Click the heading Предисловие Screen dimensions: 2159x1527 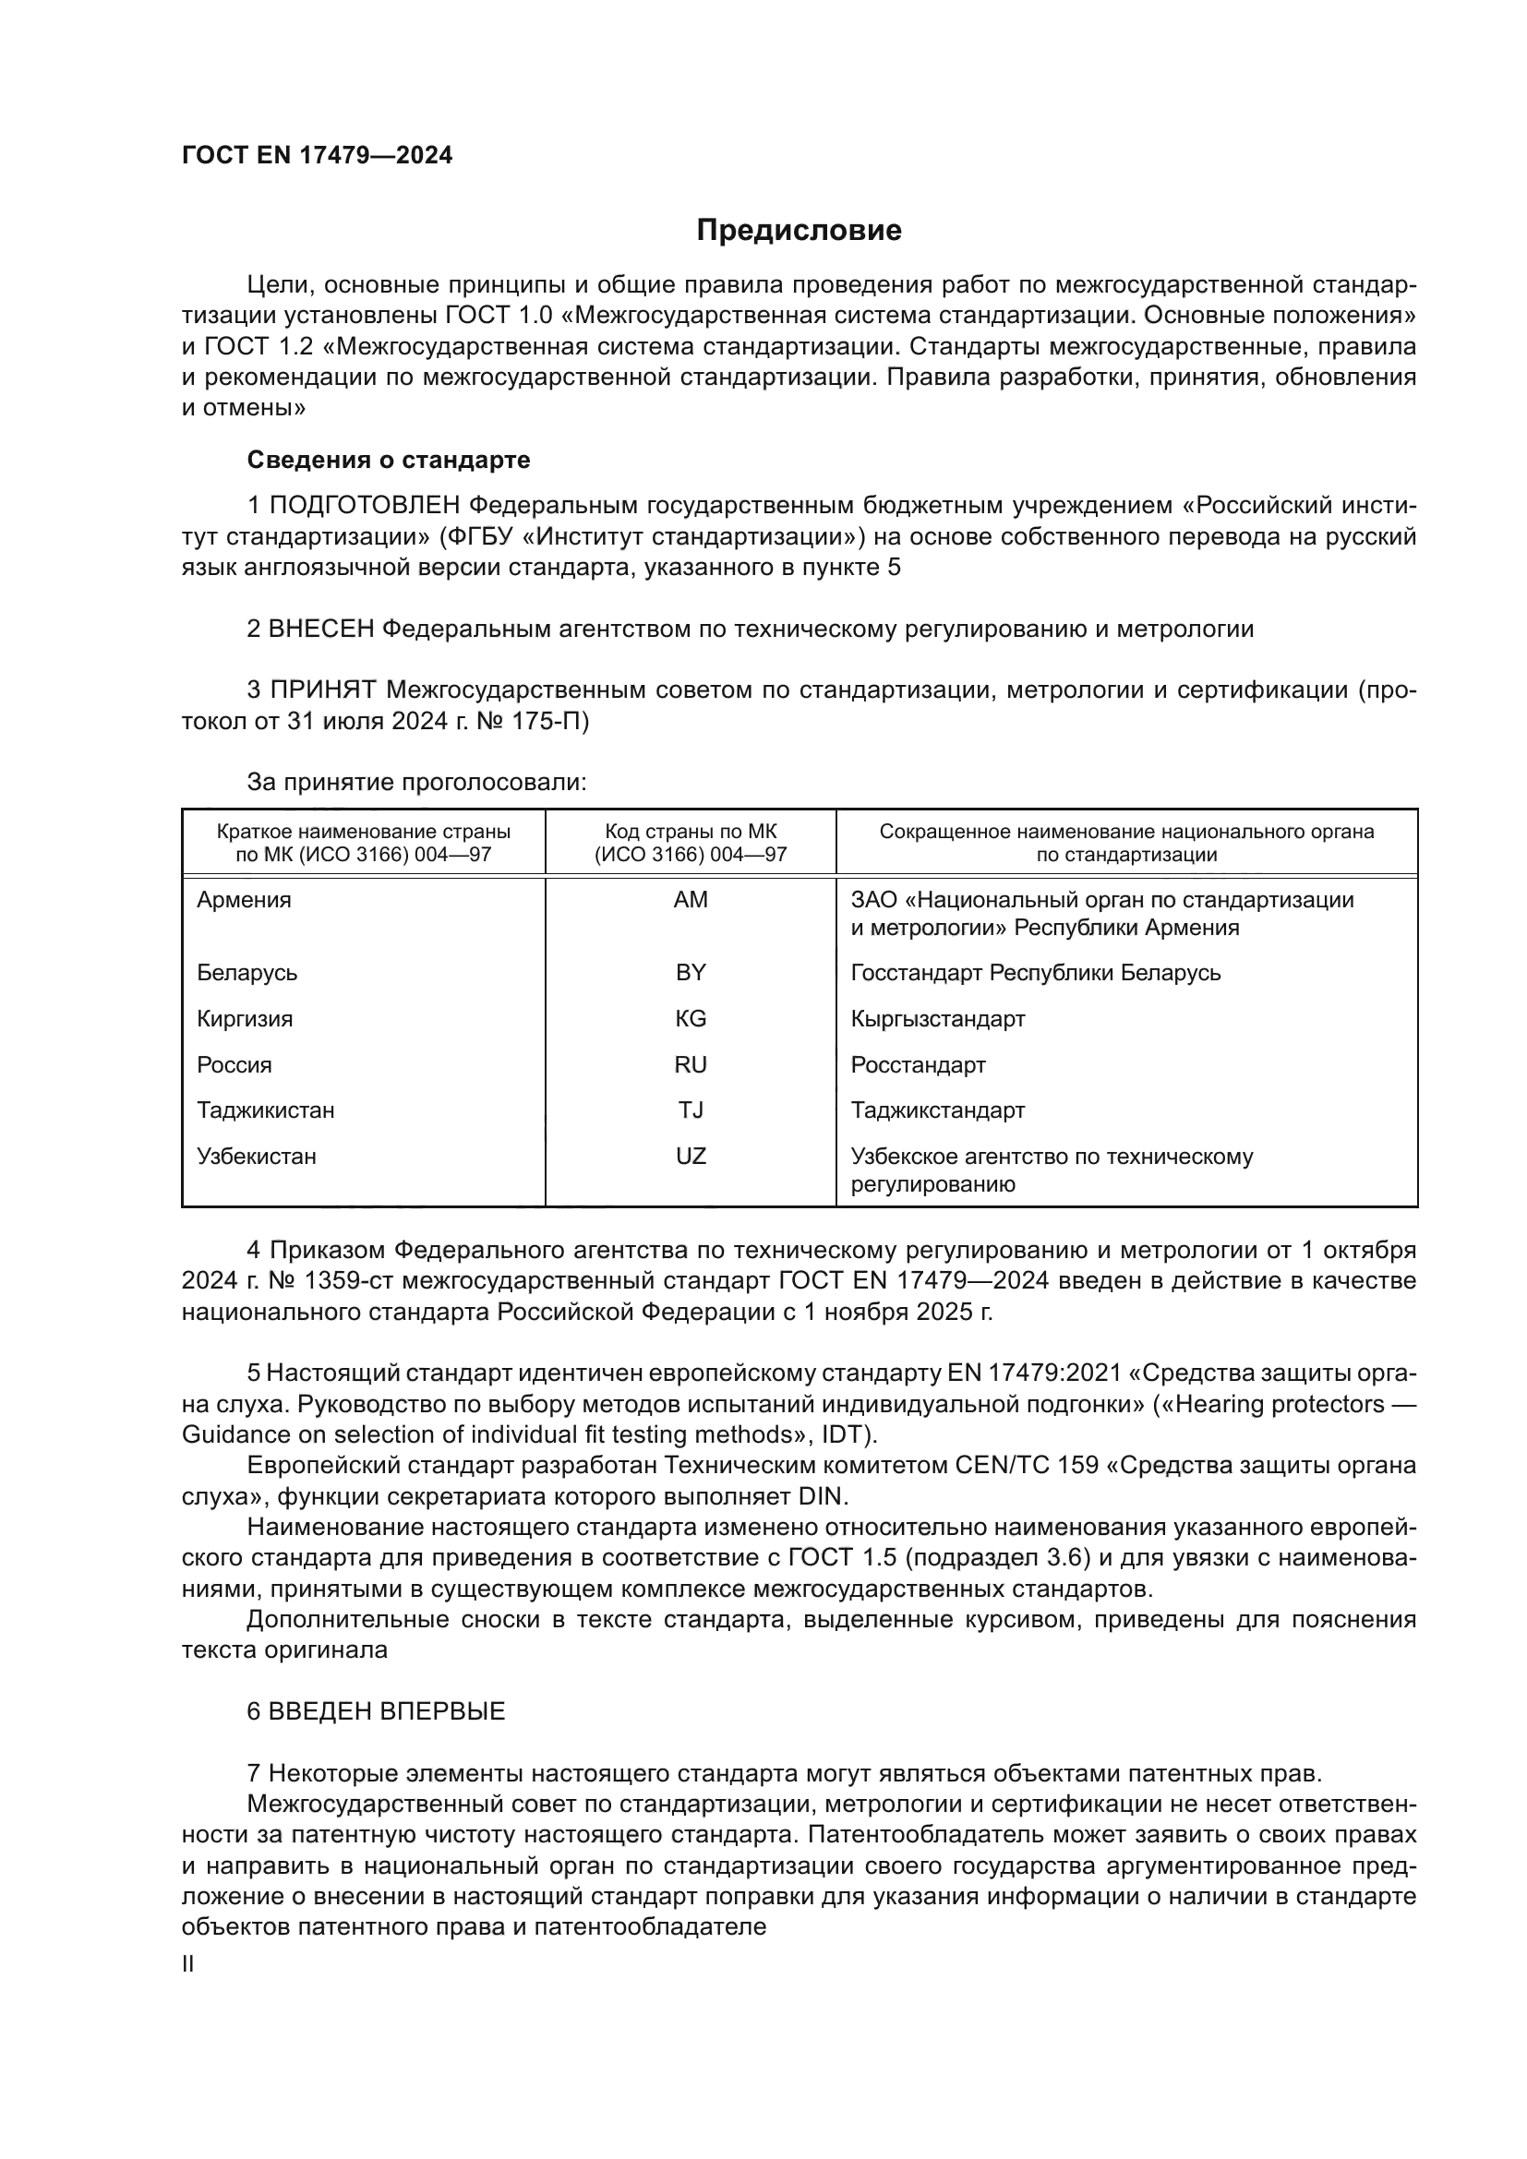click(799, 231)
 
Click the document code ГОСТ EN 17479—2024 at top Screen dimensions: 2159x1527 click(317, 156)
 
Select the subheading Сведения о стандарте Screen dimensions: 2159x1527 click(389, 460)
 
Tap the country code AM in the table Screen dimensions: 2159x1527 click(691, 900)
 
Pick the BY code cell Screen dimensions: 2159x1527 click(691, 972)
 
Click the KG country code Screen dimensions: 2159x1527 click(691, 1018)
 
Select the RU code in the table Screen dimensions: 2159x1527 click(691, 1064)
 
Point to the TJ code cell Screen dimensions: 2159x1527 click(691, 1109)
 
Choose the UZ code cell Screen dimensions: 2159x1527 click(691, 1156)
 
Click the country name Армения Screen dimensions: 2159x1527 click(244, 900)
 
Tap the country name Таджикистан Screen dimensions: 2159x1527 click(265, 1109)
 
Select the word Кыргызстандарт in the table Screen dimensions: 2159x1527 click(937, 1018)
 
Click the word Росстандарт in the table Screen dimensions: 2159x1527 click(918, 1064)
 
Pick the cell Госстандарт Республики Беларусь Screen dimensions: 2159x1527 click(1035, 972)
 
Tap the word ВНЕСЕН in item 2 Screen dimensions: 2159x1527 click(321, 630)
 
